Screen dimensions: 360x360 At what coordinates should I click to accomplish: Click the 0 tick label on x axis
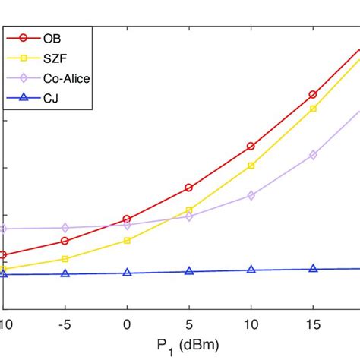pos(127,322)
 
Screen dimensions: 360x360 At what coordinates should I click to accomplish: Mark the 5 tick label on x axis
pos(189,322)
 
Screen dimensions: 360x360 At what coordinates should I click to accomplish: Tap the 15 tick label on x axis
pos(313,322)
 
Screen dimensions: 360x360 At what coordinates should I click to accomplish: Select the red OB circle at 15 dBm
pos(313,95)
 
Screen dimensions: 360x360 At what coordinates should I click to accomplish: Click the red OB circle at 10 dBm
pos(251,146)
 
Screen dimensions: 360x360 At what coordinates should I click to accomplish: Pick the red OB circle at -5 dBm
pos(65,241)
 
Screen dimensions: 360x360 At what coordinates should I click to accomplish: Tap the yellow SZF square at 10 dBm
pos(251,166)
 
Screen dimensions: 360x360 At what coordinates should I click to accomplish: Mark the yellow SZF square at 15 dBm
pos(313,109)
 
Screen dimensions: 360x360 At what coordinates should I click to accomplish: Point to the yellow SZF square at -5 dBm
pos(65,259)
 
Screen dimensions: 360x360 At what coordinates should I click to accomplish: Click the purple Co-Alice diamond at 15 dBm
pos(313,155)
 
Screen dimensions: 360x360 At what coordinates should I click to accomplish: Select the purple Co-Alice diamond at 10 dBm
pos(251,195)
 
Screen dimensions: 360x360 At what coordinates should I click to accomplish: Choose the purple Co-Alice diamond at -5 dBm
pos(65,228)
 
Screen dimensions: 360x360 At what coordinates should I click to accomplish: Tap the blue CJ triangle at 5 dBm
pos(189,271)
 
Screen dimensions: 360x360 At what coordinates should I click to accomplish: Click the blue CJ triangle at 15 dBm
pos(313,269)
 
